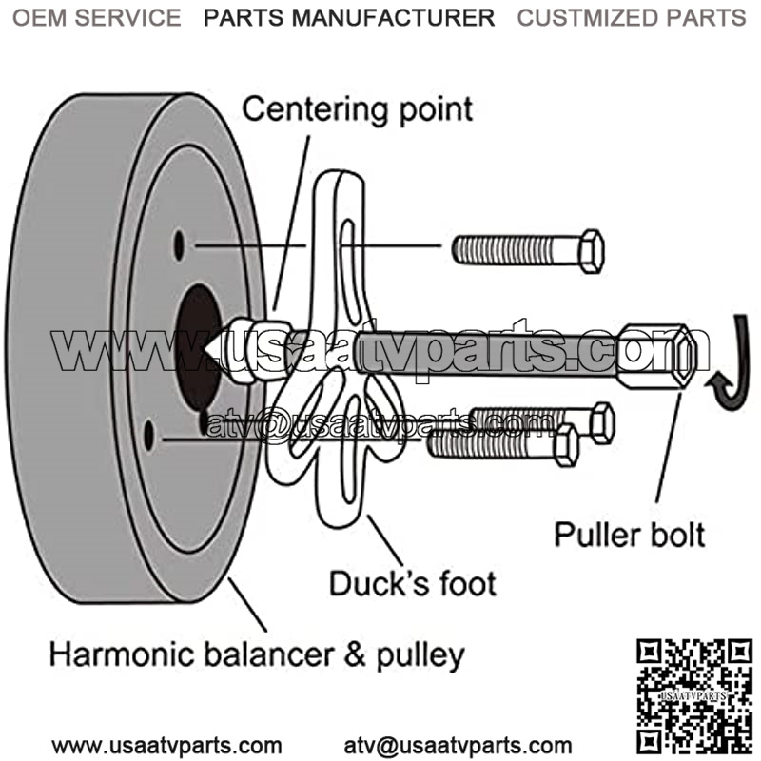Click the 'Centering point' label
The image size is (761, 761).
point(357,108)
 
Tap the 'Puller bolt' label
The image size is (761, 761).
point(630,534)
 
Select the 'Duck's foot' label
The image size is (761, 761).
point(413,582)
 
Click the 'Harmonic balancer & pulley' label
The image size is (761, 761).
point(257,654)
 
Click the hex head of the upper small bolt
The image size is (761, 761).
point(591,250)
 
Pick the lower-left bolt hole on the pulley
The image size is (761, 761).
point(148,436)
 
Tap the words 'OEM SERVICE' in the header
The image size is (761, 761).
point(96,17)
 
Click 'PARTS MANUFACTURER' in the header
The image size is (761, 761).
point(349,17)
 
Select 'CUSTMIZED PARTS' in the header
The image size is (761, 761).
point(631,17)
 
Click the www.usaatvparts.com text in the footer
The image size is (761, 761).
point(166,745)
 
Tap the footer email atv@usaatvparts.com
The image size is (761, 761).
point(459,745)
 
